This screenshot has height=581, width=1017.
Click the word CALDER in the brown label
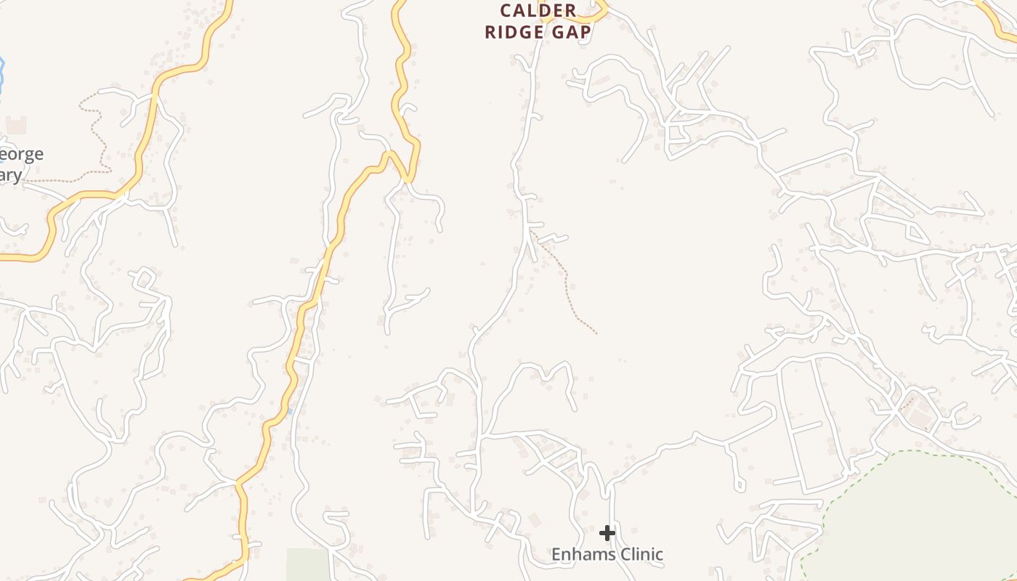click(x=538, y=11)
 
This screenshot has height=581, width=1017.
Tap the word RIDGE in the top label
click(x=514, y=33)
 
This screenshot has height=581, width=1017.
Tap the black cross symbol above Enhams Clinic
click(x=607, y=534)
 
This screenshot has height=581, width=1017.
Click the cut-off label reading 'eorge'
click(x=22, y=154)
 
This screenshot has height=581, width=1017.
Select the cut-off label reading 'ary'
click(x=10, y=175)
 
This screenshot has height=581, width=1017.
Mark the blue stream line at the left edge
click(x=2, y=73)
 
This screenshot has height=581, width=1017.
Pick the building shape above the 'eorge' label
click(x=16, y=125)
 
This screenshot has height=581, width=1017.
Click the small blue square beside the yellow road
click(x=290, y=412)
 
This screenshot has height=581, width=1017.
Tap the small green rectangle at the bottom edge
click(x=307, y=564)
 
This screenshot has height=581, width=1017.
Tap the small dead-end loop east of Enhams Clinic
click(x=740, y=482)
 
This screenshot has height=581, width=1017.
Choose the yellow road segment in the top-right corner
click(x=999, y=22)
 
